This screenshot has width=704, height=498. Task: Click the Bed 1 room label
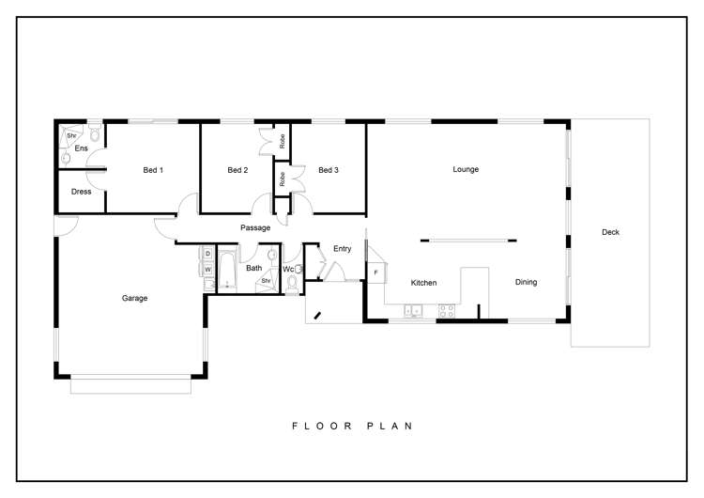tap(153, 170)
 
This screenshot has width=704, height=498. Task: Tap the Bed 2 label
tap(237, 170)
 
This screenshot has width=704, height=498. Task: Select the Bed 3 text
tap(328, 170)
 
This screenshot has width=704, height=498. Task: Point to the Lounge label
tap(466, 170)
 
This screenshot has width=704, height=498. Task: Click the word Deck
tap(610, 232)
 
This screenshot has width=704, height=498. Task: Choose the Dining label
tap(526, 282)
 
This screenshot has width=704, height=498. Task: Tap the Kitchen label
tap(423, 283)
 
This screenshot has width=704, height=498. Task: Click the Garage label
tap(134, 298)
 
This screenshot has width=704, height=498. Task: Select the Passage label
tap(255, 227)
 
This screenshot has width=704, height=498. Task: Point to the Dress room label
tap(82, 192)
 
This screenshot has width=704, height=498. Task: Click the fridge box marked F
tap(375, 272)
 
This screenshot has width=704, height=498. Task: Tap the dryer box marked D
tap(207, 255)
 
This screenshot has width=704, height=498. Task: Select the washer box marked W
tap(207, 270)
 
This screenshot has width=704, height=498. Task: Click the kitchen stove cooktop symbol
tap(445, 309)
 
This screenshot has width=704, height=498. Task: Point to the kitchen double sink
tap(414, 309)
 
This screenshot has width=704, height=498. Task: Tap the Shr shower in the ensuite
tap(70, 135)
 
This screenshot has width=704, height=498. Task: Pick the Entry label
tap(342, 249)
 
